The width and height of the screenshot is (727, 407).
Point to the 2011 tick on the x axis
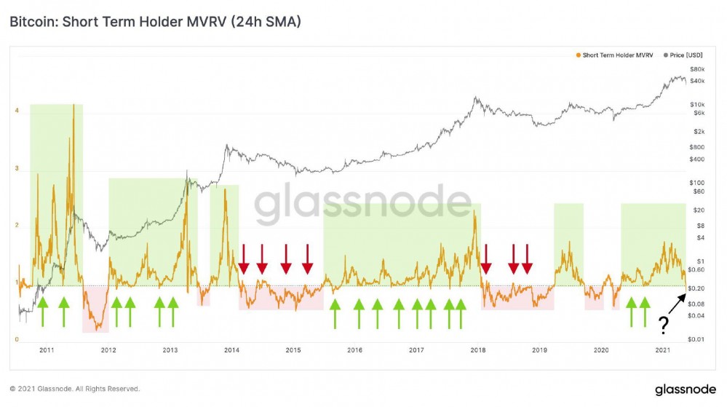(47, 351)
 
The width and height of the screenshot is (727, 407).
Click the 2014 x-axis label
(231, 351)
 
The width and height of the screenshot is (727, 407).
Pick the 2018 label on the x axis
(478, 351)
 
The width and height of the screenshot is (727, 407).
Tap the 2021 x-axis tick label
(663, 351)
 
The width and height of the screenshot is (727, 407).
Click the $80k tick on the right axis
(697, 68)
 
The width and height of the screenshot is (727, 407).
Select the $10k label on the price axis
(697, 105)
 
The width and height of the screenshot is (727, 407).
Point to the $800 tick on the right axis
(697, 147)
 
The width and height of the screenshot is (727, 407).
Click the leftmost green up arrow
(42, 312)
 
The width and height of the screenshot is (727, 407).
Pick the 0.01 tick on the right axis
(697, 339)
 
